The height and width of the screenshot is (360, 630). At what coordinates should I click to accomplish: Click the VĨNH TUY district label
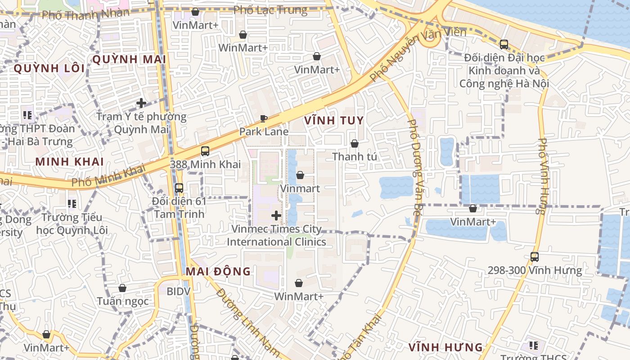(333, 121)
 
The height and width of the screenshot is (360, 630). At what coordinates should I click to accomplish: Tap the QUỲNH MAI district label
(129, 59)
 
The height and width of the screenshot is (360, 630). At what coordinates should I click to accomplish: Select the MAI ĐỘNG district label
(218, 271)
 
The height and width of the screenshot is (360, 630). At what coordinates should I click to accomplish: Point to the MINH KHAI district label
(70, 162)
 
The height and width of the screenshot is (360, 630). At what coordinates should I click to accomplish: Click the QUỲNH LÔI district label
(49, 68)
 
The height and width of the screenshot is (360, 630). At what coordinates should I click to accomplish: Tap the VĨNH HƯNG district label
(445, 347)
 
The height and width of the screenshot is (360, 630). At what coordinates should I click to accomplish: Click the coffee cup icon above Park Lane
(264, 119)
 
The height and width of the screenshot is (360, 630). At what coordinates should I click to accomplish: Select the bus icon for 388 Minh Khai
(205, 151)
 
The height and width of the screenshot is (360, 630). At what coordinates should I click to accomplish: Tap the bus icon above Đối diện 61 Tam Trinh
(179, 188)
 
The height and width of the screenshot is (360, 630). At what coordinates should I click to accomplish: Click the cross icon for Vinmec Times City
(276, 216)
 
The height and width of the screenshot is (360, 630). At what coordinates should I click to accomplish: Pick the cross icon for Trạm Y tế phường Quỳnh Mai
(141, 103)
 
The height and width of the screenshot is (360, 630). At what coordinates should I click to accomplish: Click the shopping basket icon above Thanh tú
(355, 144)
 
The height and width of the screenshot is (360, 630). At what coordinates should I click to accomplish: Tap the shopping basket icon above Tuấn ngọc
(122, 288)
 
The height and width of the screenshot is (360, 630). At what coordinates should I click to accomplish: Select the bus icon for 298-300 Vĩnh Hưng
(535, 257)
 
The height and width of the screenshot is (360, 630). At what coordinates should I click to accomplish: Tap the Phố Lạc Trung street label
(270, 10)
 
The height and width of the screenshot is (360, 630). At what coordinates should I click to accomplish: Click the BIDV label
(179, 291)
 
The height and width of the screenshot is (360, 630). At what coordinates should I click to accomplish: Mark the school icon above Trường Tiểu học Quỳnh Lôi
(72, 204)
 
